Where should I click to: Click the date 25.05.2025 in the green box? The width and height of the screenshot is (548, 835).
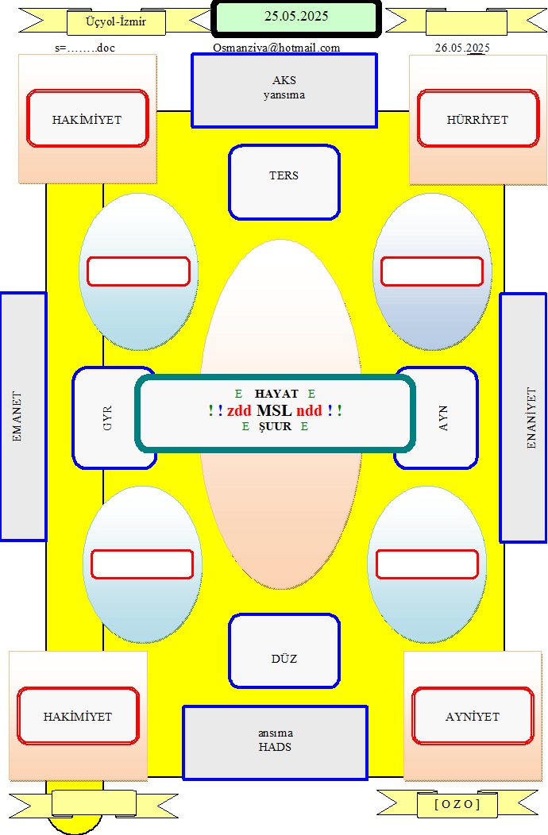tap(296, 17)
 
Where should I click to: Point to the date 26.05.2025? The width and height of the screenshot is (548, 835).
tap(462, 48)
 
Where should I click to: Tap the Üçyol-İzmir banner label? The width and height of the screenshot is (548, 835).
tap(116, 22)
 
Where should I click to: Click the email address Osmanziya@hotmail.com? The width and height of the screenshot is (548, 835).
tap(276, 48)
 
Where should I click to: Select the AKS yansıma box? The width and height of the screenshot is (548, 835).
tap(284, 90)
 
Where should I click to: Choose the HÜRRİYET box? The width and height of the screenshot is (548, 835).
tap(478, 118)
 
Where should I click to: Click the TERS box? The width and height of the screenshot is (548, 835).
tap(284, 182)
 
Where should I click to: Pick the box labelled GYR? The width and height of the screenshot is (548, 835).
tap(106, 418)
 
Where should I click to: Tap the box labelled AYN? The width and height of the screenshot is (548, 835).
tap(443, 418)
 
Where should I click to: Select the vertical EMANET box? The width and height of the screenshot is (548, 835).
tap(23, 417)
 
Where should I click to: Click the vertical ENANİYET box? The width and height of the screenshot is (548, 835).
tap(523, 417)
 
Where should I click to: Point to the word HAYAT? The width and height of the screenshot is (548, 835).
tap(276, 394)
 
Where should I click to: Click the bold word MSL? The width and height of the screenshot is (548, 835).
tap(274, 410)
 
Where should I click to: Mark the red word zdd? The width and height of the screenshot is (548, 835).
tap(239, 410)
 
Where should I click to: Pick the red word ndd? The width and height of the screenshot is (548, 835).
tap(309, 410)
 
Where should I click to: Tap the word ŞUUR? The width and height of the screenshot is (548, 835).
tap(275, 426)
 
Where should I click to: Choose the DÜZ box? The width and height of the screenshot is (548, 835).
tap(284, 651)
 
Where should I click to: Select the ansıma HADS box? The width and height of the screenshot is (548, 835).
tap(275, 743)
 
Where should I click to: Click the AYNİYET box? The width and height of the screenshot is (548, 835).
tap(473, 716)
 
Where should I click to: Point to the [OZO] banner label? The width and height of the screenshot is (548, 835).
tap(457, 803)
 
